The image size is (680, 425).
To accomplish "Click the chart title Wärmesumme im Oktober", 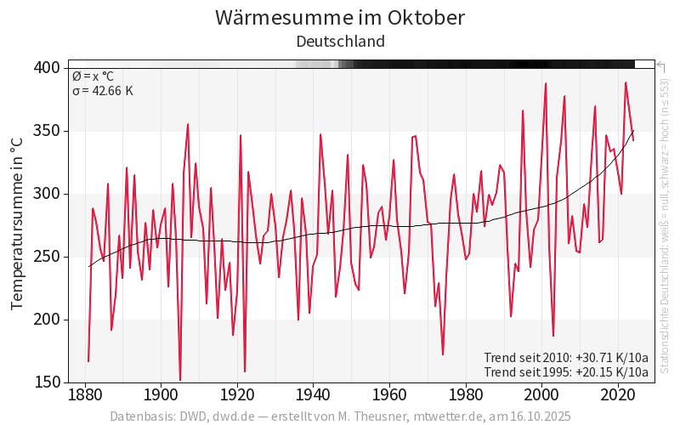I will coord(340,18).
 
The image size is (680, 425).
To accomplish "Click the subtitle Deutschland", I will coord(340,41).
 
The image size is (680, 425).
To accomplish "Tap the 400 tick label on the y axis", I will coord(47,68).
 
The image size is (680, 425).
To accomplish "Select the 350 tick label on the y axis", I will coord(47,131).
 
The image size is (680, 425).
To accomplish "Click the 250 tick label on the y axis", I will coord(47,257).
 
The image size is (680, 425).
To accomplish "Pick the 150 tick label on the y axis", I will coord(47,382).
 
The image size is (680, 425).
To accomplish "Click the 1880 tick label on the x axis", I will coord(85,395).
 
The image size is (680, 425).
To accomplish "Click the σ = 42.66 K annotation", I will coord(102,91).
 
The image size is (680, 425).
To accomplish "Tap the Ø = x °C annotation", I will coord(98,76).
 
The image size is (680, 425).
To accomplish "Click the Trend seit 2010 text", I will coord(566,357).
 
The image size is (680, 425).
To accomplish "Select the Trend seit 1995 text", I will coord(566,371).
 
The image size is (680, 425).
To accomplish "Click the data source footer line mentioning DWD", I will coord(340,416).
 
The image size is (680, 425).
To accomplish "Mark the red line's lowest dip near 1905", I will coord(180,380).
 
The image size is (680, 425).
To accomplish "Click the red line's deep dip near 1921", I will coord(245,371).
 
